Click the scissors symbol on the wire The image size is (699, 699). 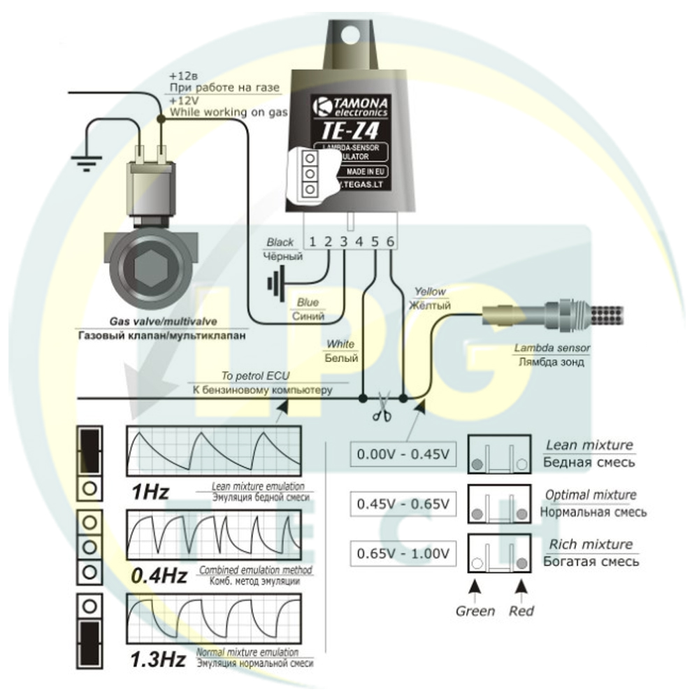382,408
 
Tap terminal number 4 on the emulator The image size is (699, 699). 359,242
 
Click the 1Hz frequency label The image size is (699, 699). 150,492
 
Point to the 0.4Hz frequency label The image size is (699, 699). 159,577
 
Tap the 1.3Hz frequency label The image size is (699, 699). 159,659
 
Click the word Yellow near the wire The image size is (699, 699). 430,291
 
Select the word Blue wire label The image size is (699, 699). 308,303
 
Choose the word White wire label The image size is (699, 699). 340,345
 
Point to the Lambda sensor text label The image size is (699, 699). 552,348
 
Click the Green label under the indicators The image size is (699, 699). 475,611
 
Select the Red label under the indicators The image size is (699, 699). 521,611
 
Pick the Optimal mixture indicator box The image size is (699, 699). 498,505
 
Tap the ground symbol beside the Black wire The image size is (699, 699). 275,282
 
